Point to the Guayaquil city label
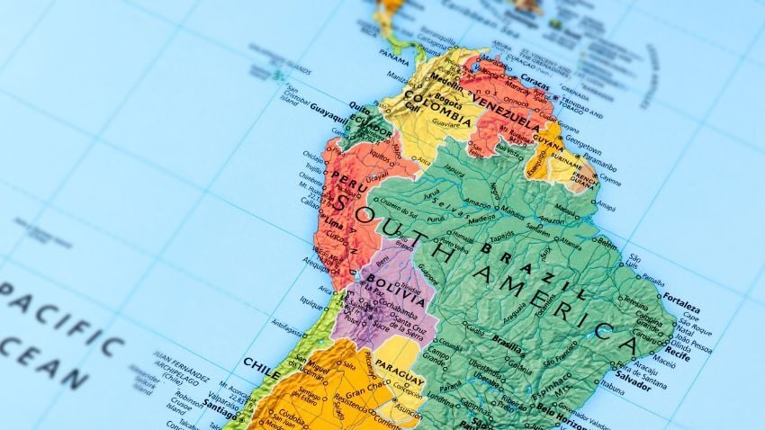click(328, 116)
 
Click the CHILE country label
click(262, 363)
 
